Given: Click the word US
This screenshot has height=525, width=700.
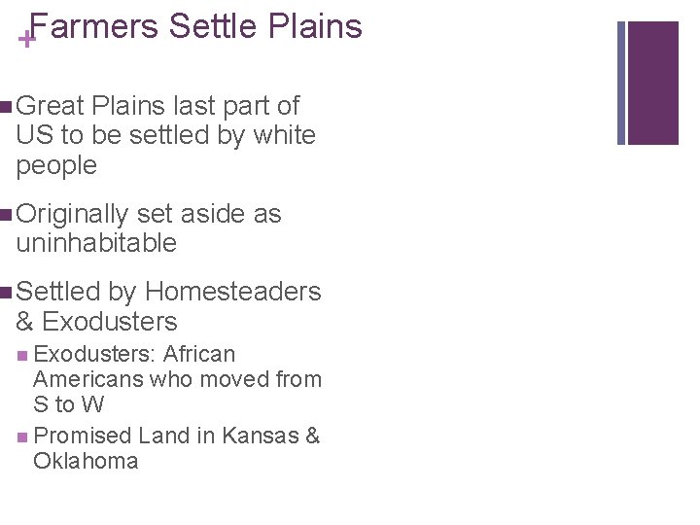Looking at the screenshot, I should click(x=32, y=135).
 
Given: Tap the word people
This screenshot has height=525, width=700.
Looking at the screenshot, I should click(x=56, y=166).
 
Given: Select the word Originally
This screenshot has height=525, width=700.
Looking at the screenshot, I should click(x=73, y=214).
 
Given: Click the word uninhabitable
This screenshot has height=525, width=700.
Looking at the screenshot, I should click(x=96, y=243).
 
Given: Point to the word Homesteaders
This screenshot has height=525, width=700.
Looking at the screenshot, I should click(x=233, y=292).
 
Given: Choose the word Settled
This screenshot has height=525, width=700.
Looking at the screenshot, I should click(x=58, y=292).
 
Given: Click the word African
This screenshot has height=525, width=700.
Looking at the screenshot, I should click(x=199, y=354).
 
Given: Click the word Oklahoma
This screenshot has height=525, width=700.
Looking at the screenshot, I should click(x=86, y=461).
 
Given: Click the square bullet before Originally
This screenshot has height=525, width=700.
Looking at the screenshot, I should click(x=8, y=215).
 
